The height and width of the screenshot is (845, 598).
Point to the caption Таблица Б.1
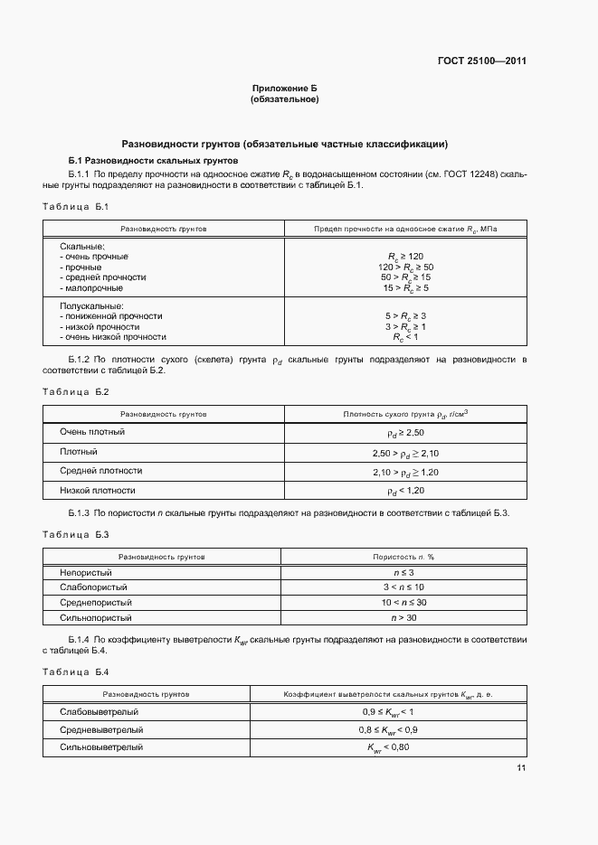(75, 208)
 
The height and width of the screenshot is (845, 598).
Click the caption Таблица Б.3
(75, 534)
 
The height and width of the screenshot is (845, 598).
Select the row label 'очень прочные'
(94, 257)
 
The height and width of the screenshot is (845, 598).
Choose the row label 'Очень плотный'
(92, 432)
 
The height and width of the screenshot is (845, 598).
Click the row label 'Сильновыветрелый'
(101, 747)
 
